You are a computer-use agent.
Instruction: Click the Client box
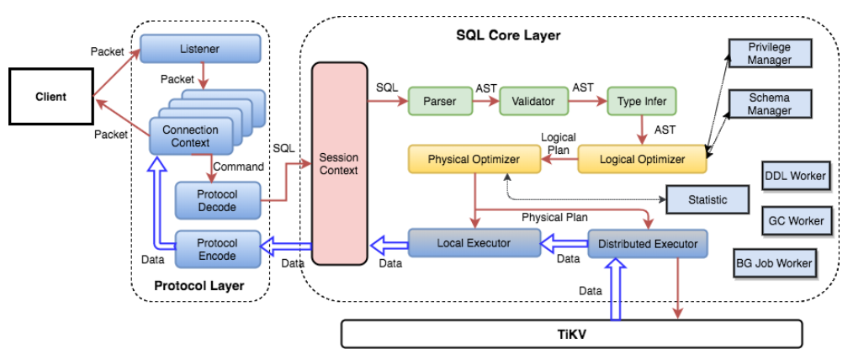(x=50, y=97)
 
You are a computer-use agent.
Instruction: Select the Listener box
(x=199, y=49)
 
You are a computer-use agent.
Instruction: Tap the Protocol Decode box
(x=216, y=200)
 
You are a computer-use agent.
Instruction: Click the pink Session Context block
(x=339, y=164)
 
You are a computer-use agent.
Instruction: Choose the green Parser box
(x=439, y=102)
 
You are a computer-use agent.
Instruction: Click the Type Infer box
(x=641, y=102)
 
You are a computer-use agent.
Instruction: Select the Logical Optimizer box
(x=642, y=159)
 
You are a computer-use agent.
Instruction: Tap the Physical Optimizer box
(x=474, y=159)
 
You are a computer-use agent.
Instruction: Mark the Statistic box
(x=707, y=200)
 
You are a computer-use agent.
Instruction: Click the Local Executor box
(x=474, y=243)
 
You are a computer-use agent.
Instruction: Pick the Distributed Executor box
(x=647, y=244)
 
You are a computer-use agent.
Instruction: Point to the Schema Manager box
(x=770, y=104)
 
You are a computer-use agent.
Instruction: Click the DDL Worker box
(x=795, y=177)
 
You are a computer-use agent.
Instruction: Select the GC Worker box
(x=795, y=220)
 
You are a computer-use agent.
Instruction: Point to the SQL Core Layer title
(x=507, y=35)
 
